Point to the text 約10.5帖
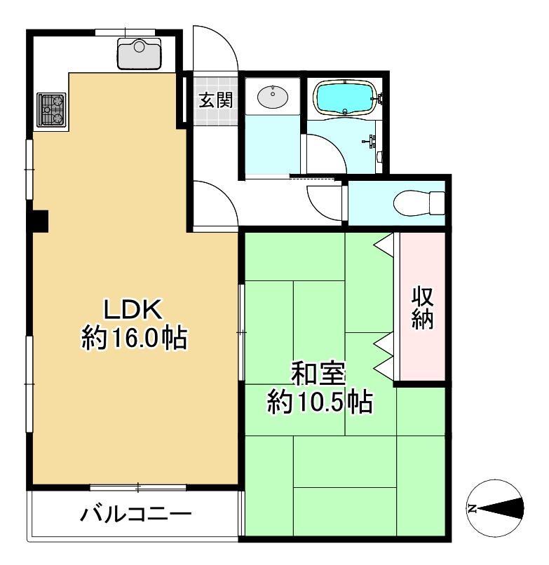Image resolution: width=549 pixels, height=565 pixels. tap(318, 402)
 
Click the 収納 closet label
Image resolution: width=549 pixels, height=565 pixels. tap(422, 308)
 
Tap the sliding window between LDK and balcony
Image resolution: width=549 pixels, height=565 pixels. tap(138, 486)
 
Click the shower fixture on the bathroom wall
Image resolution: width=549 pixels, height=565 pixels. tap(372, 141)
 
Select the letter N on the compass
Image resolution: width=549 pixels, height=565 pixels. tap(473, 508)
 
